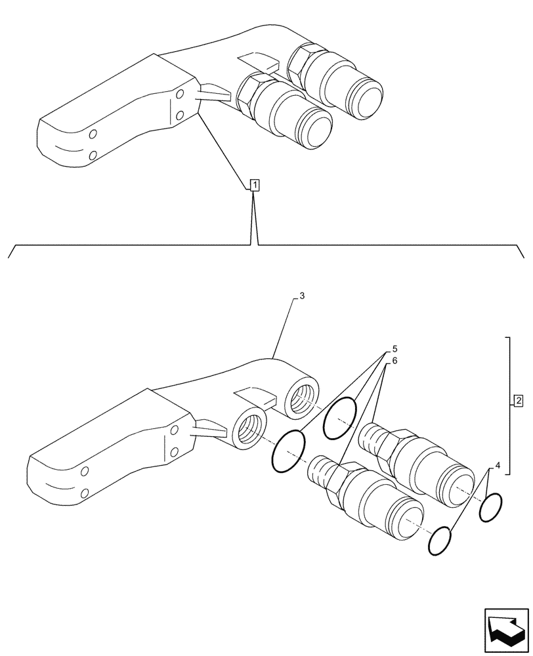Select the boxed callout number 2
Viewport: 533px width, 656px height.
(518, 400)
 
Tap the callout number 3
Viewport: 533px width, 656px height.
(301, 297)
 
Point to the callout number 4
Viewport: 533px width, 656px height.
(498, 465)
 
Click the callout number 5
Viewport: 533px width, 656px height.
(394, 348)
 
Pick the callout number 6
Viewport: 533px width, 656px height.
(394, 361)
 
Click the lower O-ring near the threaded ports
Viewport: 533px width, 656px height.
(289, 451)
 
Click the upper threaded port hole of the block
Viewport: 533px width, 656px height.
(303, 397)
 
